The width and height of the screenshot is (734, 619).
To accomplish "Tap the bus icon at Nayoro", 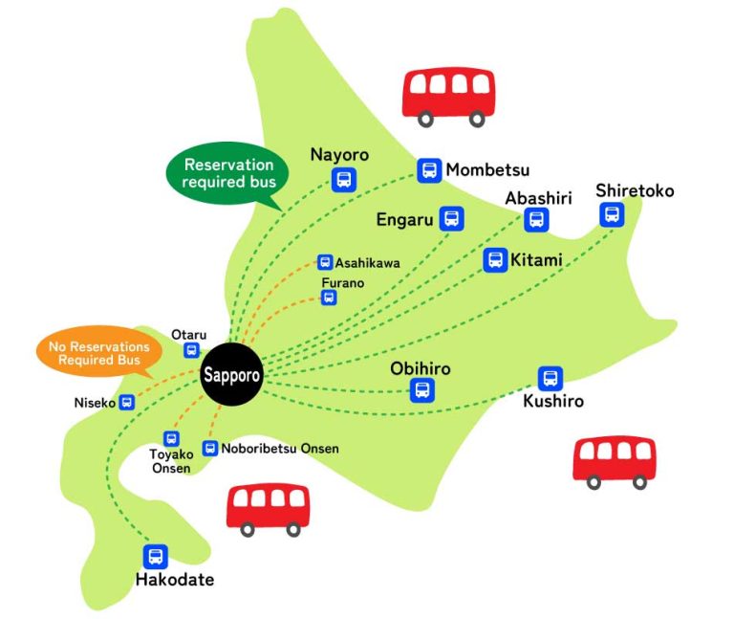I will (x=343, y=179).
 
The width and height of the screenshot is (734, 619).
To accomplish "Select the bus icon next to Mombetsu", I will (x=429, y=170).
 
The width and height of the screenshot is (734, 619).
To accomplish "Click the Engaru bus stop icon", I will (x=451, y=219).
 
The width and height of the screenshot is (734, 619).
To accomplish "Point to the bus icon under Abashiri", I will (x=536, y=220).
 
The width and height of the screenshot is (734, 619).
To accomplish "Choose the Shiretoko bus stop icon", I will (x=612, y=214).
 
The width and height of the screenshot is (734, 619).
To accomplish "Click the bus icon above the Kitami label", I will (x=495, y=259).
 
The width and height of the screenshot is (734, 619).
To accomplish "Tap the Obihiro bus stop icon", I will (x=421, y=389).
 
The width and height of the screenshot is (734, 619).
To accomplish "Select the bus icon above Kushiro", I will (x=550, y=378).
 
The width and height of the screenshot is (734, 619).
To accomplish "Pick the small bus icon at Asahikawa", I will (x=325, y=261).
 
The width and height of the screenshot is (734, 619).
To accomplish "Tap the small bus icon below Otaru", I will (x=191, y=350).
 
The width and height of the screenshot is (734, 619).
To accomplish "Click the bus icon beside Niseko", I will (x=126, y=403).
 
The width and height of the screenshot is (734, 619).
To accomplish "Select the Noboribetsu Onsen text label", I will (x=280, y=448).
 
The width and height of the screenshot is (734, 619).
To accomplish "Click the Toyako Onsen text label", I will (x=171, y=461).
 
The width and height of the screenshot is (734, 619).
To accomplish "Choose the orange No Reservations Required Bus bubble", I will (x=92, y=353).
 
